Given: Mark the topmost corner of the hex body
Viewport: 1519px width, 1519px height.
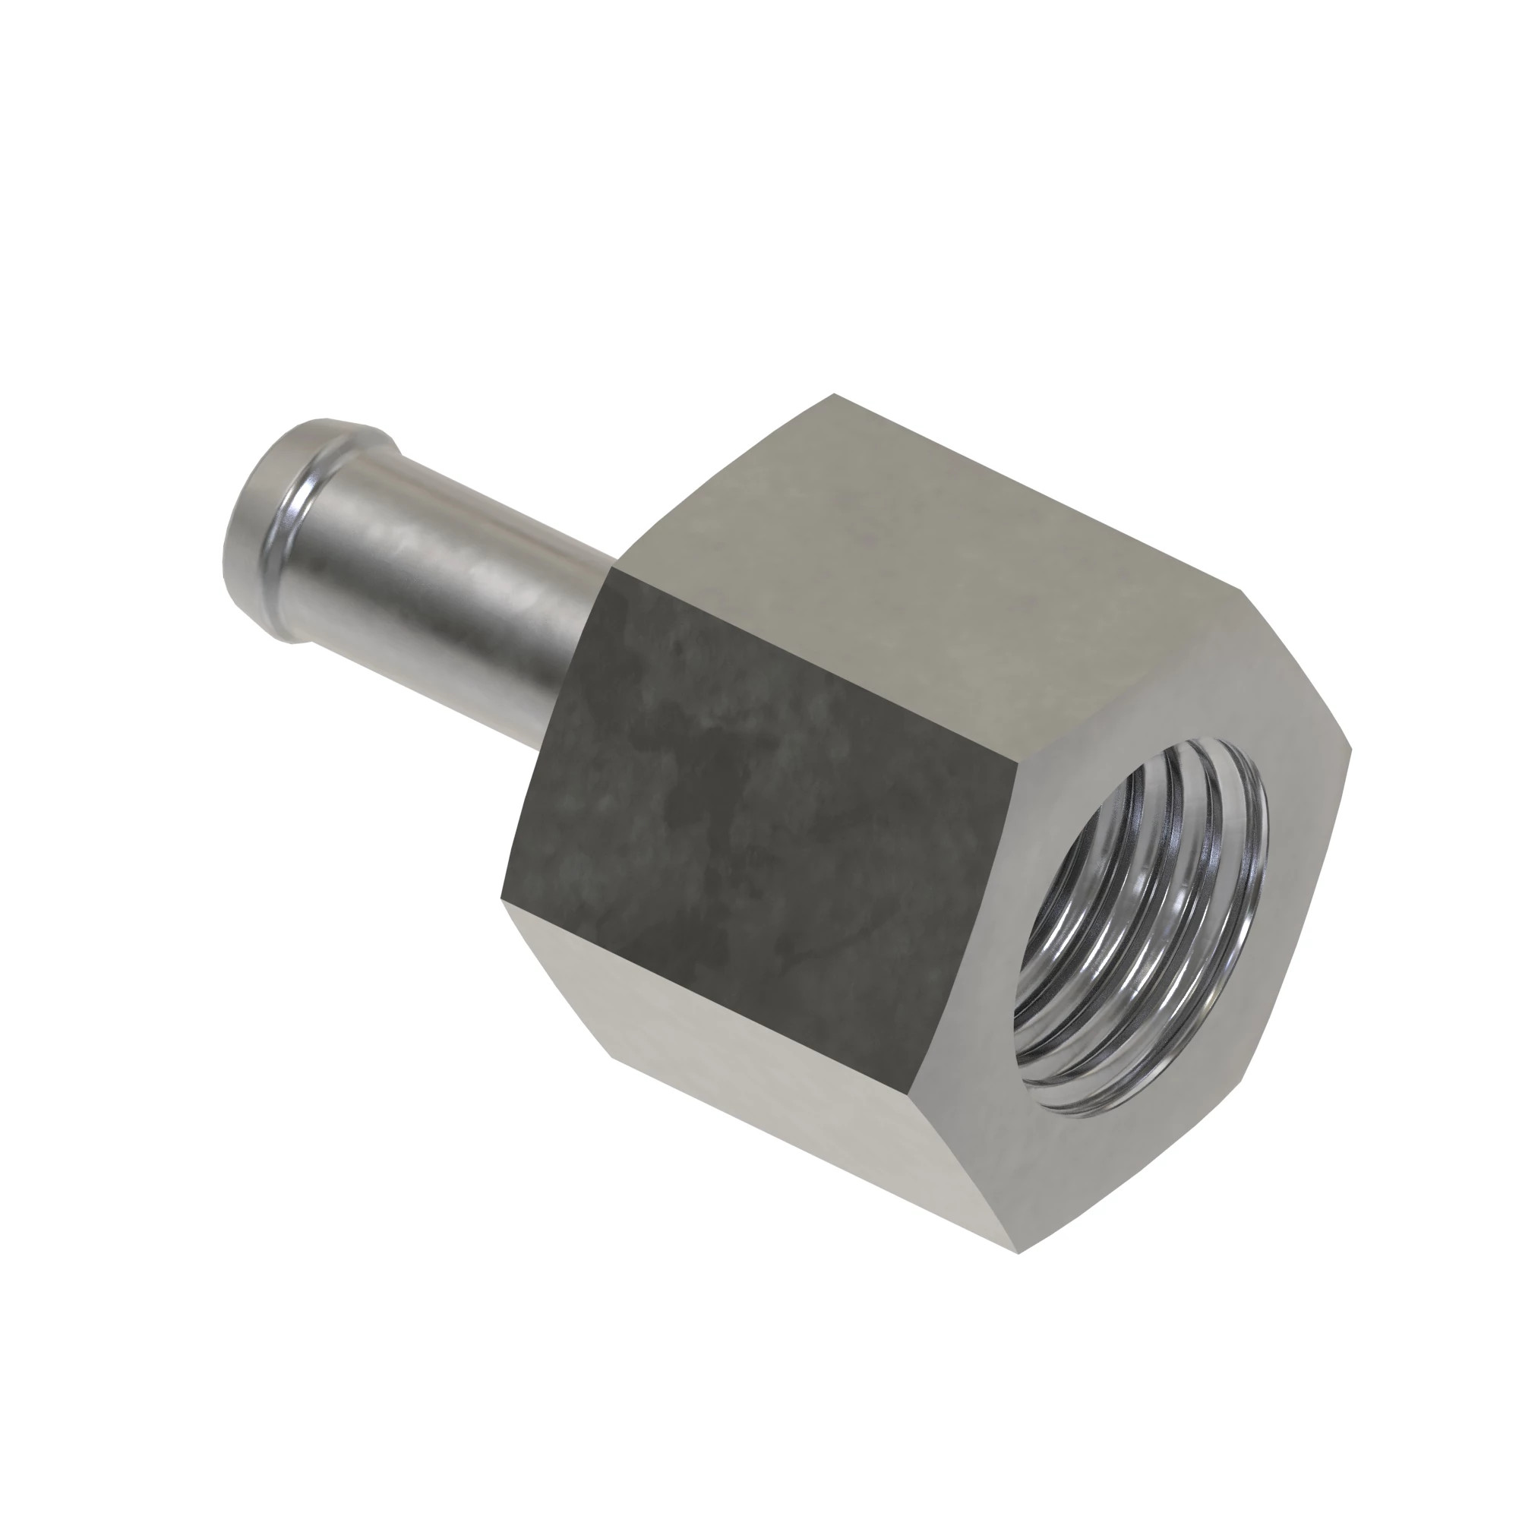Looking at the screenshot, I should [835, 395].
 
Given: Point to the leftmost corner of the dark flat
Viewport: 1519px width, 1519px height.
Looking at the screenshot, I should [501, 898].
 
